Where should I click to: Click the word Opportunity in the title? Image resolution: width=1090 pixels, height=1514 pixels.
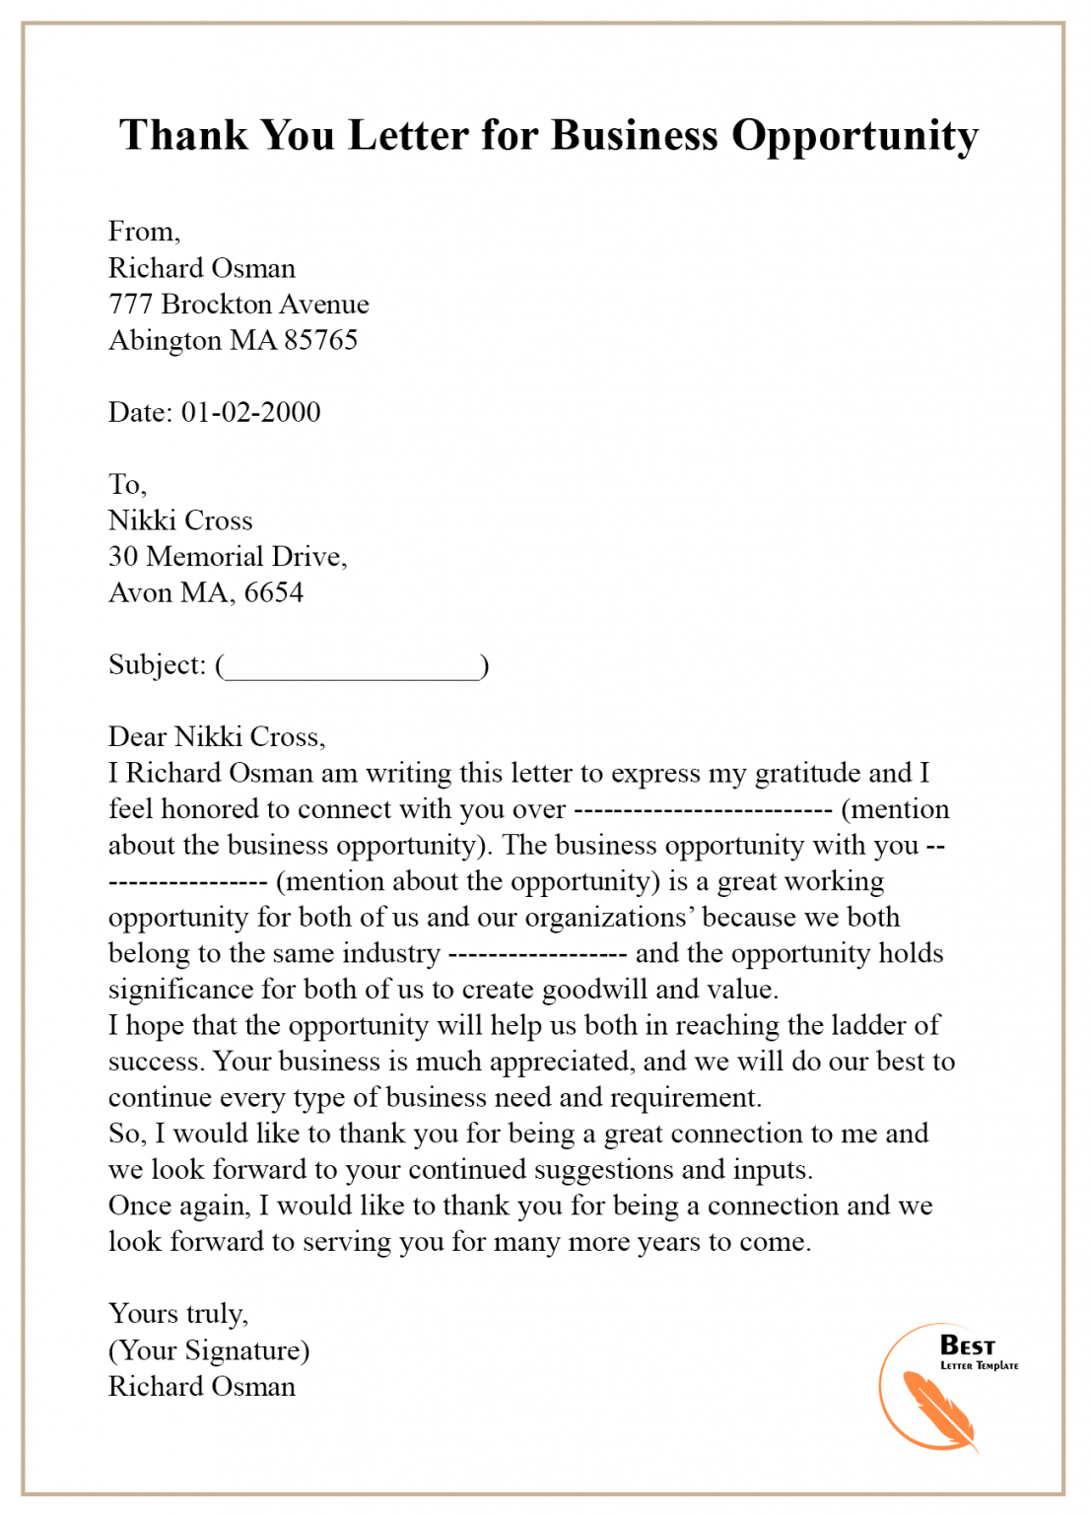coord(854,136)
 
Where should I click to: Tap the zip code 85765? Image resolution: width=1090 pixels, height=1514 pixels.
coord(320,340)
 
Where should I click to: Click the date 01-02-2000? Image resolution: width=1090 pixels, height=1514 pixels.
coord(250,412)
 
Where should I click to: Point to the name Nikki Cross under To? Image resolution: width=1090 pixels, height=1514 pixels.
coord(180,520)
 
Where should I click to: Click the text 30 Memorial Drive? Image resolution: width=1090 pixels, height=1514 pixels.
coord(226,557)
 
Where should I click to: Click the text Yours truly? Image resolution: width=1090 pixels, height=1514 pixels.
coord(177,1314)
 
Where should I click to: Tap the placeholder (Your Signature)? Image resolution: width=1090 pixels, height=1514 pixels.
coord(209,1350)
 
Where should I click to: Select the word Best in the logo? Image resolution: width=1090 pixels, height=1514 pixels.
coord(967,1345)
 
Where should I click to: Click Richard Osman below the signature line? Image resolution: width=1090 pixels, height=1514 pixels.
coord(202,1387)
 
